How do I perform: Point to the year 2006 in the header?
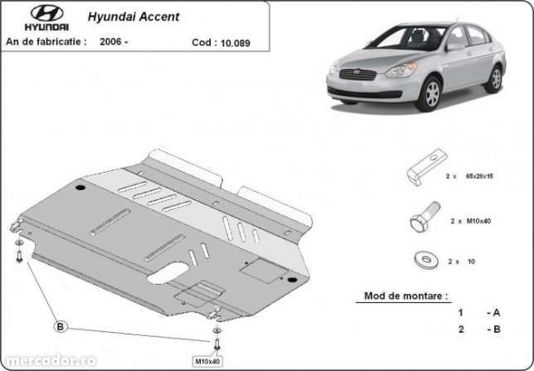[112, 41]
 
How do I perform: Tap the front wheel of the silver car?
[430, 93]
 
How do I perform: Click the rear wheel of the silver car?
[494, 79]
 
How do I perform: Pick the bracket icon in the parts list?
[425, 164]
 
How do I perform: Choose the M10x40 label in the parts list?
[477, 222]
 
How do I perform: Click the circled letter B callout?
[60, 327]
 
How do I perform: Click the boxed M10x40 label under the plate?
[208, 361]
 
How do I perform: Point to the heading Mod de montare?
[405, 295]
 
